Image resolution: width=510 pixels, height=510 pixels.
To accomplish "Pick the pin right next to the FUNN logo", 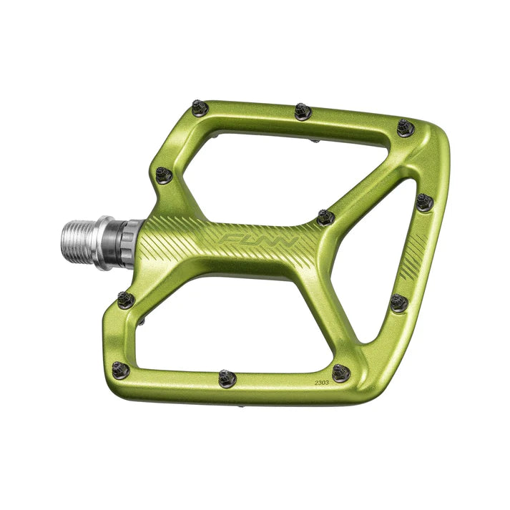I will (x=325, y=217).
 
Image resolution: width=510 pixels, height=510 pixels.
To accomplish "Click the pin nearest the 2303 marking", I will (x=340, y=373).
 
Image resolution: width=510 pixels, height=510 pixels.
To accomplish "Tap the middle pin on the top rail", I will (x=302, y=111).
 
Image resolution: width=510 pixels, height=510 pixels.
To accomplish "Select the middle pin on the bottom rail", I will (x=227, y=378).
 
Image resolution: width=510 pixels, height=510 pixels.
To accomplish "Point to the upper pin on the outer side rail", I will (x=424, y=202).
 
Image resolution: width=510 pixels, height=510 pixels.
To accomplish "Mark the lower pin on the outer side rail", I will (x=399, y=303).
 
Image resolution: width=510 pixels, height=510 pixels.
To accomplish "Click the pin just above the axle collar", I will (x=164, y=175).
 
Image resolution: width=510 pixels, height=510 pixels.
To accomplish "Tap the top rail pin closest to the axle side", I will (x=200, y=109).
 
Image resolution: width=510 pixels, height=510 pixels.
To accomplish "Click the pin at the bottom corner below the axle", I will (x=121, y=370).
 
